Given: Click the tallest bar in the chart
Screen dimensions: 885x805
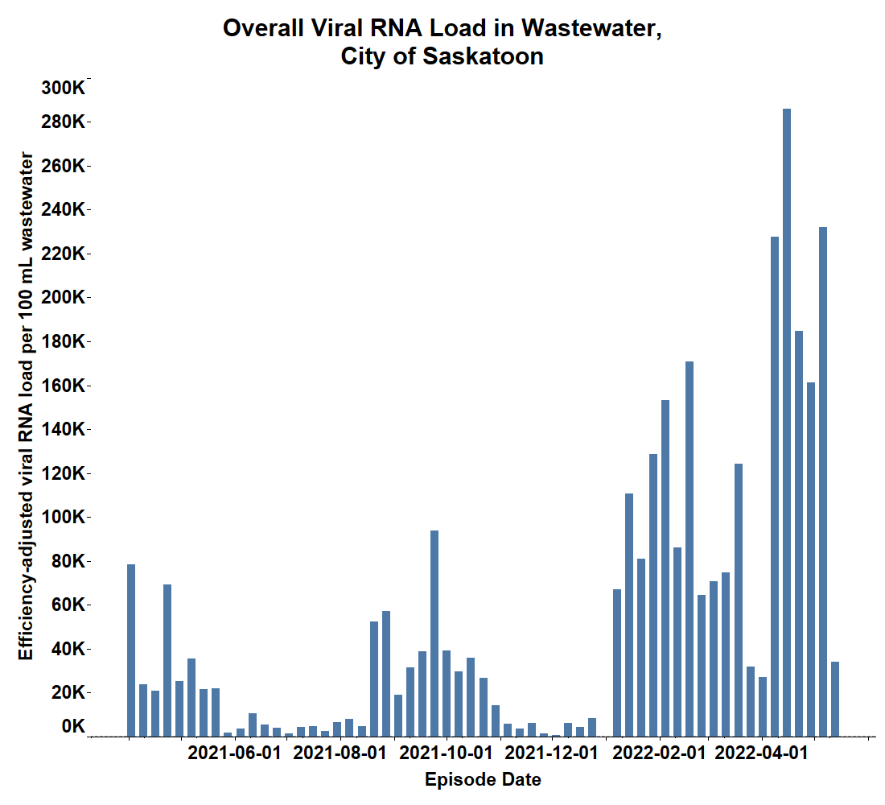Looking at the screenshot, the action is pyautogui.click(x=786, y=423).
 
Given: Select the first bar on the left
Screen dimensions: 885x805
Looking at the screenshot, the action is pyautogui.click(x=131, y=650).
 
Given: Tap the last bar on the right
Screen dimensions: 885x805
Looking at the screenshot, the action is pyautogui.click(x=835, y=700).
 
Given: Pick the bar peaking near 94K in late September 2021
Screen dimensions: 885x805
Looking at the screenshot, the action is pyautogui.click(x=434, y=634).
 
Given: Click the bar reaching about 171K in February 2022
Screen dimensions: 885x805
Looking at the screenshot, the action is pyautogui.click(x=689, y=549).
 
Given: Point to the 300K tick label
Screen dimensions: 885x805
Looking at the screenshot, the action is pyautogui.click(x=63, y=88).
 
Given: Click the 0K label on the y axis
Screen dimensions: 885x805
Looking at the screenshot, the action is pyautogui.click(x=73, y=726).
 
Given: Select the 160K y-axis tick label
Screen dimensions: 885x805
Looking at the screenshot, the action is pyautogui.click(x=63, y=386).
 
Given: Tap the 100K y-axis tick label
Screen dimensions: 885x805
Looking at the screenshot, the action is pyautogui.click(x=63, y=517).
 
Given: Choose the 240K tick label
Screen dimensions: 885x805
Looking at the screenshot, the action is pyautogui.click(x=63, y=209).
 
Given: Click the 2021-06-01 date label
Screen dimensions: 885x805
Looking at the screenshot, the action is pyautogui.click(x=234, y=753).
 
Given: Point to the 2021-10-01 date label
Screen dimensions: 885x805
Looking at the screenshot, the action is pyautogui.click(x=446, y=753).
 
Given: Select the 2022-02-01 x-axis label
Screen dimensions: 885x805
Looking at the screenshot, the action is pyautogui.click(x=659, y=753).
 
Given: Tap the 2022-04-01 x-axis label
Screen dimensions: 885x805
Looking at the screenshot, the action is pyautogui.click(x=761, y=753).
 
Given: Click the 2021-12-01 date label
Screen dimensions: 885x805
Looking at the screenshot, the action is pyautogui.click(x=551, y=753).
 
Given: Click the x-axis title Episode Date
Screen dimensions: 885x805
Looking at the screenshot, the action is pyautogui.click(x=484, y=779).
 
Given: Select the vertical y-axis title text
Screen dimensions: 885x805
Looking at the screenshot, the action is pyautogui.click(x=26, y=407).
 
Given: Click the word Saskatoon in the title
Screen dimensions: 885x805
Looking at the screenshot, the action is pyautogui.click(x=484, y=56).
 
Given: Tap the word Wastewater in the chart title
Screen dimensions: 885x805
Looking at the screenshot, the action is pyautogui.click(x=591, y=28).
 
